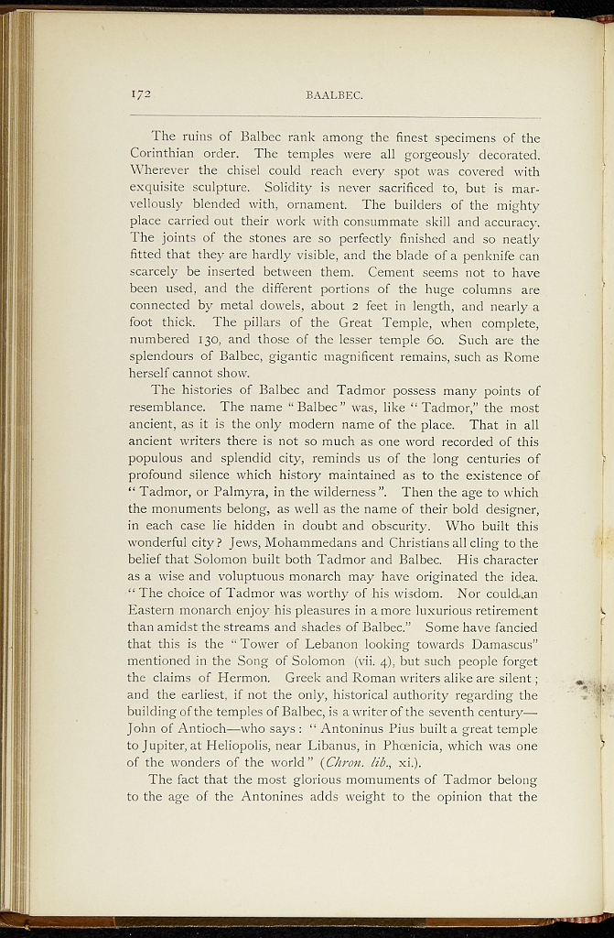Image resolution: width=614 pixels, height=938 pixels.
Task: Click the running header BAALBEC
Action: [x=335, y=94]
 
